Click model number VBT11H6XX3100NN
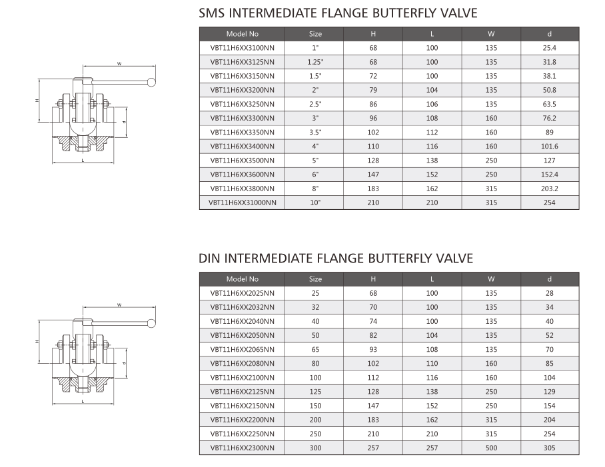pos(243,48)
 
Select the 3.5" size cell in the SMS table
pos(315,133)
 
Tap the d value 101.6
pos(550,146)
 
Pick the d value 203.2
pos(550,189)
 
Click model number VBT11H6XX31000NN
pos(243,203)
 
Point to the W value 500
pos(491,448)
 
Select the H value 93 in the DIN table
pos(373,349)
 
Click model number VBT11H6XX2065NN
pos(243,349)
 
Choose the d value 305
pos(550,448)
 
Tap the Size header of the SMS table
pos(315,34)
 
